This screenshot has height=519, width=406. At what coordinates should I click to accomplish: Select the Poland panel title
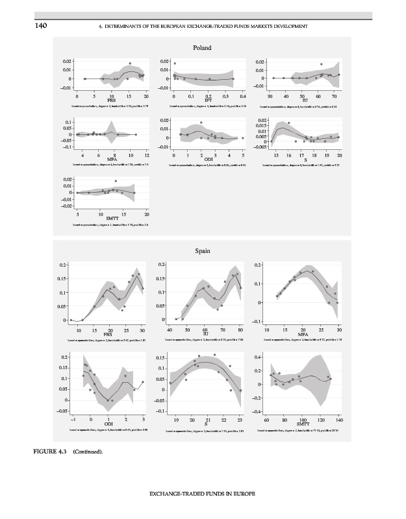(x=203, y=48)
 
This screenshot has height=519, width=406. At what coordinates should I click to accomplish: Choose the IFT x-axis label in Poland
(x=208, y=101)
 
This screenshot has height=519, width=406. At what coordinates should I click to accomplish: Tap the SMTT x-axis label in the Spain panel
(x=303, y=424)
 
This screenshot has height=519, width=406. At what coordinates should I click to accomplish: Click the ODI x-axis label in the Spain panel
(x=108, y=424)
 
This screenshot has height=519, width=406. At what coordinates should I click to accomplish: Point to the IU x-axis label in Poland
(x=305, y=101)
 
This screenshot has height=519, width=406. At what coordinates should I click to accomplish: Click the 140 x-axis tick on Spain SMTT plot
(x=339, y=420)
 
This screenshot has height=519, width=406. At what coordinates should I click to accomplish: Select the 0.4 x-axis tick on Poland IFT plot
(x=243, y=96)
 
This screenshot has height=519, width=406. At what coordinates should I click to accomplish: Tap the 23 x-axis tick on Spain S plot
(x=240, y=420)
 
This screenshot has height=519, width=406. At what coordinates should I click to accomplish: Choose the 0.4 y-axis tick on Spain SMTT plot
(x=257, y=357)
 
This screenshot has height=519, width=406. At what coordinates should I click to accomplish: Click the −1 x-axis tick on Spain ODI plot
(x=73, y=420)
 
